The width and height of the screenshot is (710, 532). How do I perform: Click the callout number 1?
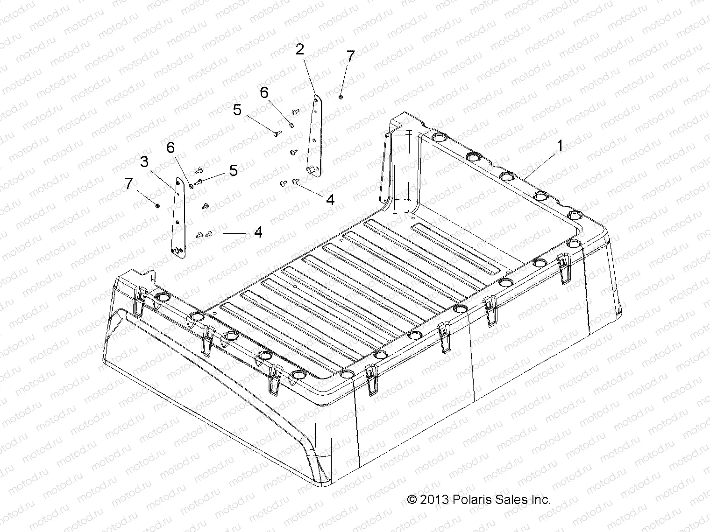pos(560,147)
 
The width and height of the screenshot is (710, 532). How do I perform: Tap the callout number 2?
pos(300,49)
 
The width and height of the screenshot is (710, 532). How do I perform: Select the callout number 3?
pos(144,162)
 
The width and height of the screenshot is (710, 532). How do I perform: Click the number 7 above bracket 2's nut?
pos(350,56)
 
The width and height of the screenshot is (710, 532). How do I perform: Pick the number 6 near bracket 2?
pos(264,93)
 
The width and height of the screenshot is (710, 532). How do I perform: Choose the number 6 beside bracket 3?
pos(170,147)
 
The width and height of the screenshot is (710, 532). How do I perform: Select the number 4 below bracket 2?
pos(330,200)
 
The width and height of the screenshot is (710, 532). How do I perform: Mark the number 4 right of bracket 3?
pos(258,232)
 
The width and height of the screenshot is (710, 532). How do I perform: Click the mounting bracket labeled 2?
pos(316,135)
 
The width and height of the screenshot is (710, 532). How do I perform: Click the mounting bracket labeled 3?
pos(178,217)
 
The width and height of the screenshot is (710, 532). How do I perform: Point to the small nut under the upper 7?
pos(341,97)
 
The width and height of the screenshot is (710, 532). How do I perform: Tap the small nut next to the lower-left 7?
pos(157,205)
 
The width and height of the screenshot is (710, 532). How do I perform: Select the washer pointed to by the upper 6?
pos(291,124)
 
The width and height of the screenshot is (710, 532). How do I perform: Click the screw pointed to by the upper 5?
pos(275,133)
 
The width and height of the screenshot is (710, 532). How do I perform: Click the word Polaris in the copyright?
pos(472,500)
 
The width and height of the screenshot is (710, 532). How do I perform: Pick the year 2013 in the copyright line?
pos(434,500)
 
